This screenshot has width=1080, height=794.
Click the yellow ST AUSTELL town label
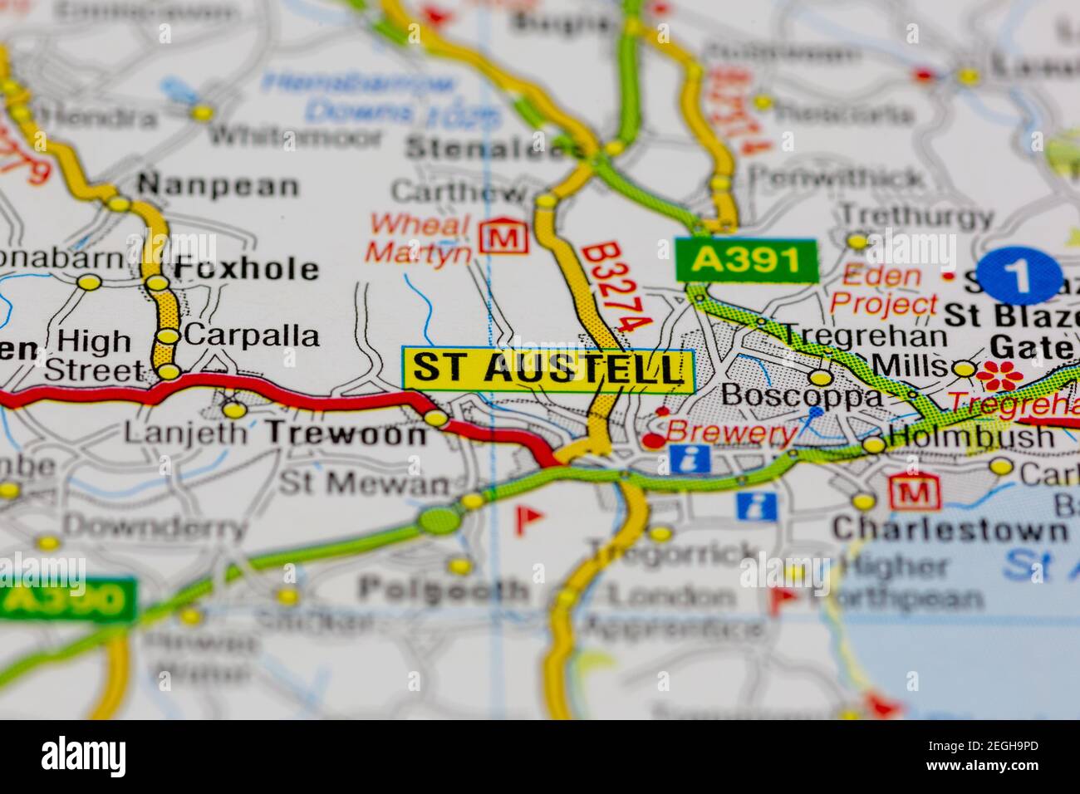pyautogui.click(x=547, y=368)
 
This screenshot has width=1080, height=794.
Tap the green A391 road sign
pyautogui.click(x=746, y=260)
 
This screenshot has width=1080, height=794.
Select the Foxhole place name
pyautogui.click(x=246, y=268)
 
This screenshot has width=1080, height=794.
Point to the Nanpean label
pyautogui.click(x=218, y=185)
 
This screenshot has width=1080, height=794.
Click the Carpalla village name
pyautogui.click(x=252, y=336)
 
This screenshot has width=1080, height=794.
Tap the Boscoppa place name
pyautogui.click(x=801, y=395)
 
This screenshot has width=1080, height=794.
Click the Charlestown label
pyautogui.click(x=950, y=529)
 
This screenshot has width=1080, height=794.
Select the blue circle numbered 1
pyautogui.click(x=1019, y=276)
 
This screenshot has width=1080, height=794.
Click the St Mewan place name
pyautogui.click(x=363, y=483)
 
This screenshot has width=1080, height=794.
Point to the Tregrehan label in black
pyautogui.click(x=864, y=336)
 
